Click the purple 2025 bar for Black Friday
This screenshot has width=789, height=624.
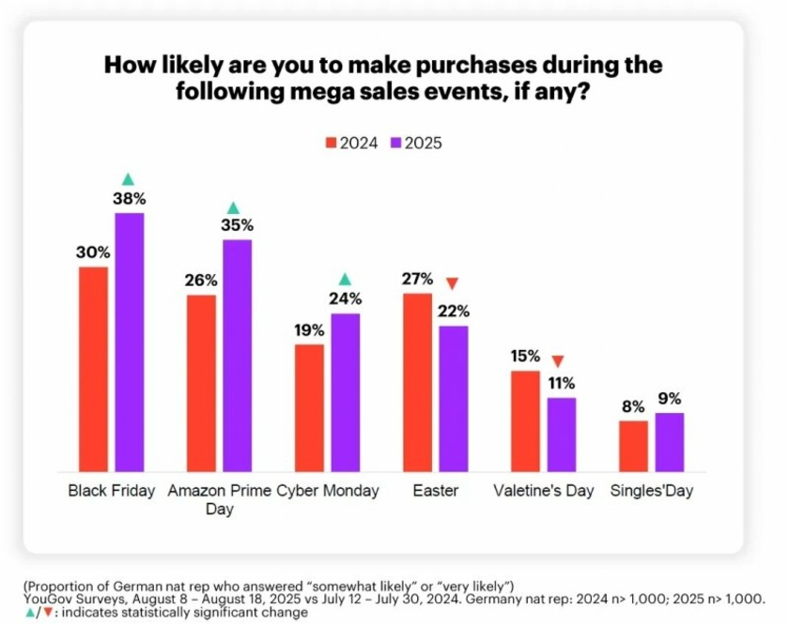[x=130, y=342]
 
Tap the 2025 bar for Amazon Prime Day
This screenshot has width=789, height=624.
[x=238, y=356]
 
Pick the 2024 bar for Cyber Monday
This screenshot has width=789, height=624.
[x=309, y=407]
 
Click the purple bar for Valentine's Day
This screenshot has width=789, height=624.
[x=562, y=434]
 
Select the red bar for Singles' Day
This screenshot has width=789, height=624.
[x=633, y=446]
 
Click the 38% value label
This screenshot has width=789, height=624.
[x=130, y=199]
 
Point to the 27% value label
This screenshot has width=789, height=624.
[x=417, y=279]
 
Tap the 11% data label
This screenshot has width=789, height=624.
[x=562, y=383]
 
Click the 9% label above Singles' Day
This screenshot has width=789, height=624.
[x=670, y=398]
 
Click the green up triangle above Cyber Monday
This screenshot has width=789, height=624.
[x=345, y=279]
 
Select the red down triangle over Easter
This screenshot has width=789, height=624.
[x=452, y=284]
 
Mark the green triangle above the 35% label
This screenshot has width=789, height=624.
[x=234, y=207]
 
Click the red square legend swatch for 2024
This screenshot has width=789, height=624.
[x=331, y=144]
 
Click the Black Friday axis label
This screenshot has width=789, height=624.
[x=112, y=491]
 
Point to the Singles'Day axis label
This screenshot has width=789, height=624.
[x=651, y=491]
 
